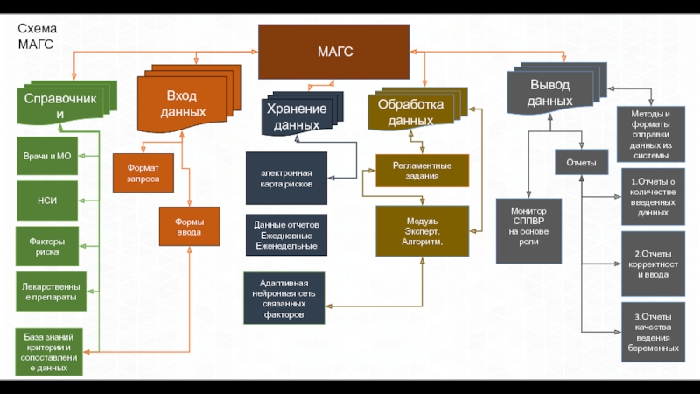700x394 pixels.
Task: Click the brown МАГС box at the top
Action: point(333,52)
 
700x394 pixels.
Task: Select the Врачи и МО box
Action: point(48,156)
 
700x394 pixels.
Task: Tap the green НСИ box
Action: point(48,201)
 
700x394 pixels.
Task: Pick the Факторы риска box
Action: point(48,246)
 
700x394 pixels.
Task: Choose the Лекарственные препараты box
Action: point(51,292)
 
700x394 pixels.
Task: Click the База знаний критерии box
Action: point(50,352)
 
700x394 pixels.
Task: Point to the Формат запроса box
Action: point(143,172)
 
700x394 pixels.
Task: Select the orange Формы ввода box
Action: point(189,227)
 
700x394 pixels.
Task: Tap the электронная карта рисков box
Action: point(286,178)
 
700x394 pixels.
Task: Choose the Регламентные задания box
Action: point(423,170)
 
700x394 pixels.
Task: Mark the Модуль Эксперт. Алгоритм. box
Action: point(423,230)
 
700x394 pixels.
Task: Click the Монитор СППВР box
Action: point(529,230)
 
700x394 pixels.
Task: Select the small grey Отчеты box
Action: point(582,162)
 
